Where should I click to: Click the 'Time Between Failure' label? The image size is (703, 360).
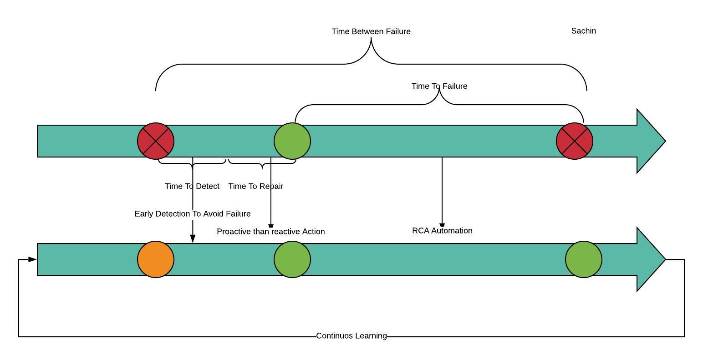[x=371, y=31]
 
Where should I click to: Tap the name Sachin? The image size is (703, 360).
[x=583, y=31]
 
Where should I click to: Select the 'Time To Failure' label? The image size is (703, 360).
[x=439, y=86]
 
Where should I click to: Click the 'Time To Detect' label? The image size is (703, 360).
[x=192, y=186]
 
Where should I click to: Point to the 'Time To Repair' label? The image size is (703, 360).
[x=256, y=186]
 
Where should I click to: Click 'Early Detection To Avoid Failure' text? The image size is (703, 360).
[x=193, y=213]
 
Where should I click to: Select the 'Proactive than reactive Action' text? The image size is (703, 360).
[x=270, y=231]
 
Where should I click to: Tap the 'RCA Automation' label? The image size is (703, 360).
[x=442, y=230]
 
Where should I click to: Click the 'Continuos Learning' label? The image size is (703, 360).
[x=351, y=335]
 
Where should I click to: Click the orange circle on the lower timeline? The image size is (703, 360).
[x=156, y=259]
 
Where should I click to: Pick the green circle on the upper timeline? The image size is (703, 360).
[x=292, y=141]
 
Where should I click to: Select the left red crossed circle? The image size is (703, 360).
[x=156, y=141]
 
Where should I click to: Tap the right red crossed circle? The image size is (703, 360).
[x=574, y=141]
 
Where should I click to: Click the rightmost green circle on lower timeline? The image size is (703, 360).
[x=583, y=259]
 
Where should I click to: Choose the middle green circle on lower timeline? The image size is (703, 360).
[x=292, y=259]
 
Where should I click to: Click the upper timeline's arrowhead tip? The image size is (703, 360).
[x=665, y=141]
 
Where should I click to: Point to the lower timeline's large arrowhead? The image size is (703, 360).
[x=650, y=259]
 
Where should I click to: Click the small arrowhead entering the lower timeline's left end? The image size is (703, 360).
[x=32, y=259]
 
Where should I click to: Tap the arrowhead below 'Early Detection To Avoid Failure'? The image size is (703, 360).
[x=193, y=238]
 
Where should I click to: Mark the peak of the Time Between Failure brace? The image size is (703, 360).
[x=371, y=38]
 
